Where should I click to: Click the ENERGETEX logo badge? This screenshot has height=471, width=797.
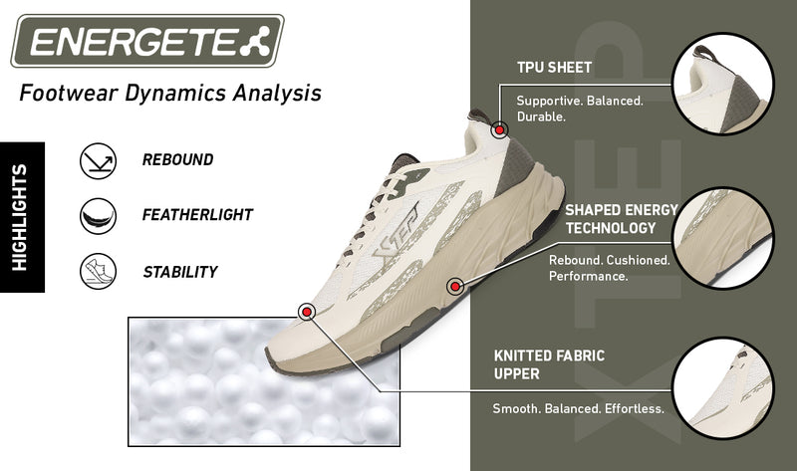click(147, 42)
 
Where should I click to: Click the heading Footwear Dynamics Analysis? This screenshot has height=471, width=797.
click(169, 95)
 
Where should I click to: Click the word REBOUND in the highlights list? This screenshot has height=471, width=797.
click(177, 159)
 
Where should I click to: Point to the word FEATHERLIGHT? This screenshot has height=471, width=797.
click(197, 215)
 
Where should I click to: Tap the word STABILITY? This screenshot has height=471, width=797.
click(179, 271)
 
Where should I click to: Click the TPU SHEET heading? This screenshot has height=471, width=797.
click(554, 69)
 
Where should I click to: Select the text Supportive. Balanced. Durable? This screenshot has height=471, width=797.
click(579, 109)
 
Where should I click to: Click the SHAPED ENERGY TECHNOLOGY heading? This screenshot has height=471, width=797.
click(621, 219)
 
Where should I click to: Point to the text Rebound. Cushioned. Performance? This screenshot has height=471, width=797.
click(608, 267)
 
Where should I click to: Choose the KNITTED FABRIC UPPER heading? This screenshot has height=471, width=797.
click(549, 364)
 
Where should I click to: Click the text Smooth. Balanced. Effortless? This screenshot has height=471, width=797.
click(578, 409)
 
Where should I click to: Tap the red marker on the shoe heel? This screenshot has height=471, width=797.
click(499, 128)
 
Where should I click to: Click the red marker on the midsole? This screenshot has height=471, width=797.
click(455, 285)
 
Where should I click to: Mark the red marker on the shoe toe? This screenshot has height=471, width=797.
click(307, 313)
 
